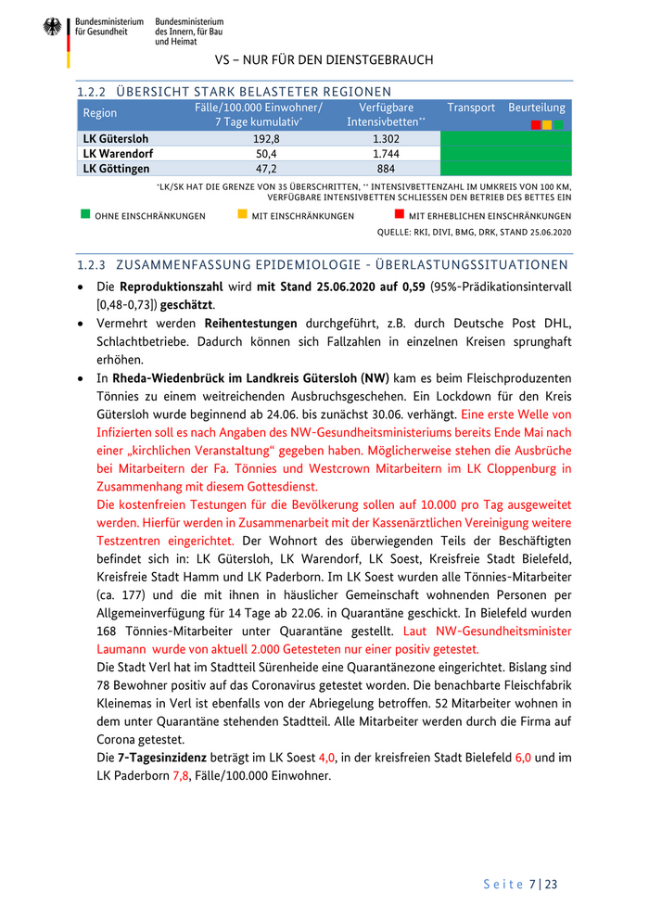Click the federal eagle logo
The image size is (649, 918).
click(52, 29)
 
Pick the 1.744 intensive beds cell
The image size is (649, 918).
click(386, 153)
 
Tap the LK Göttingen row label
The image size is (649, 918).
click(116, 169)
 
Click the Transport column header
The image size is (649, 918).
click(471, 108)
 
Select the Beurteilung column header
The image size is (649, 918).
click(537, 108)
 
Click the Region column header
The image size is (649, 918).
click(100, 113)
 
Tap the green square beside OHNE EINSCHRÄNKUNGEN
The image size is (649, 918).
click(85, 214)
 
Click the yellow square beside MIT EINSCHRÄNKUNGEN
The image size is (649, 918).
click(242, 214)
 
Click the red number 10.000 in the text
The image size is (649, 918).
click(443, 506)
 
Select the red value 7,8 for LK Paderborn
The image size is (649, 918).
click(181, 775)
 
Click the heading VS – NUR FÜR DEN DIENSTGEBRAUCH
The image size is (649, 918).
click(324, 59)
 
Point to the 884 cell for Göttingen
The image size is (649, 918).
click(386, 169)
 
